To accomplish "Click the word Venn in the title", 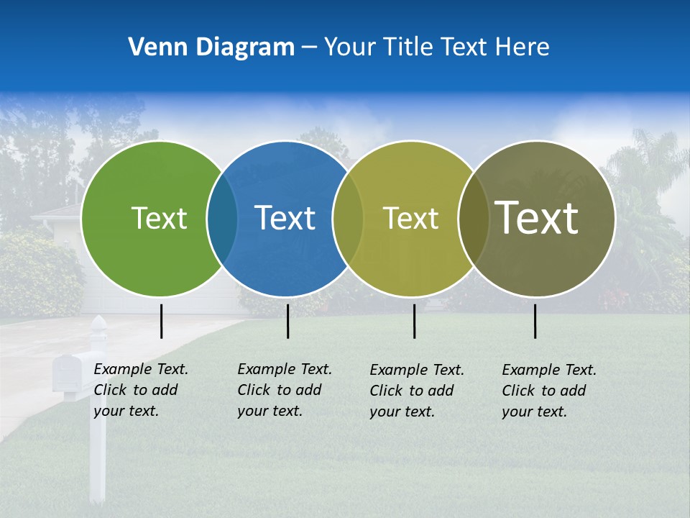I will pos(151,47).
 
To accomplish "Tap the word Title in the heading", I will pos(409,47).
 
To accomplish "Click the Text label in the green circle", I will pos(159,218).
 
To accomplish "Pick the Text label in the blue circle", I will pos(285,218).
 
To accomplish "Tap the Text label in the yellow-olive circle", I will pos(410,218).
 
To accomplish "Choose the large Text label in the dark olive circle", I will pos(537,218).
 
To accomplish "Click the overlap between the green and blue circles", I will pos(222,218).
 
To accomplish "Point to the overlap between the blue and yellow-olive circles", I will pos(348,218).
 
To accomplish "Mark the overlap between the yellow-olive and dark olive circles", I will pos(473,218).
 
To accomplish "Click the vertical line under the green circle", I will pos(162,321).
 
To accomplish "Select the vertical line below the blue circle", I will pos(287,321).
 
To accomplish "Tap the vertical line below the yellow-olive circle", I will pos(414,321).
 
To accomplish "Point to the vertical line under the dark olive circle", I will pos(535,321).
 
